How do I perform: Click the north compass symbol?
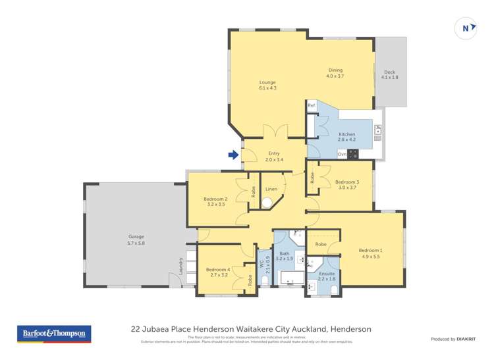click(466, 28)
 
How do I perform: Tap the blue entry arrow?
click(233, 155)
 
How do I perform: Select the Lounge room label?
click(267, 85)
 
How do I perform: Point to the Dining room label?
click(335, 73)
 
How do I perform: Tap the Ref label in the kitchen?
click(312, 105)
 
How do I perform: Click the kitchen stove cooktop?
click(353, 154)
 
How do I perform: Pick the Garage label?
click(136, 240)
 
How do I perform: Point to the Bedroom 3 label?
click(346, 184)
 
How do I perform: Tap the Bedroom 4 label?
click(217, 272)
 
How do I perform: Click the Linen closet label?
click(271, 190)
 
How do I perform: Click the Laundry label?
click(180, 266)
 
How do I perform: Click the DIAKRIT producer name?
click(468, 339)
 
